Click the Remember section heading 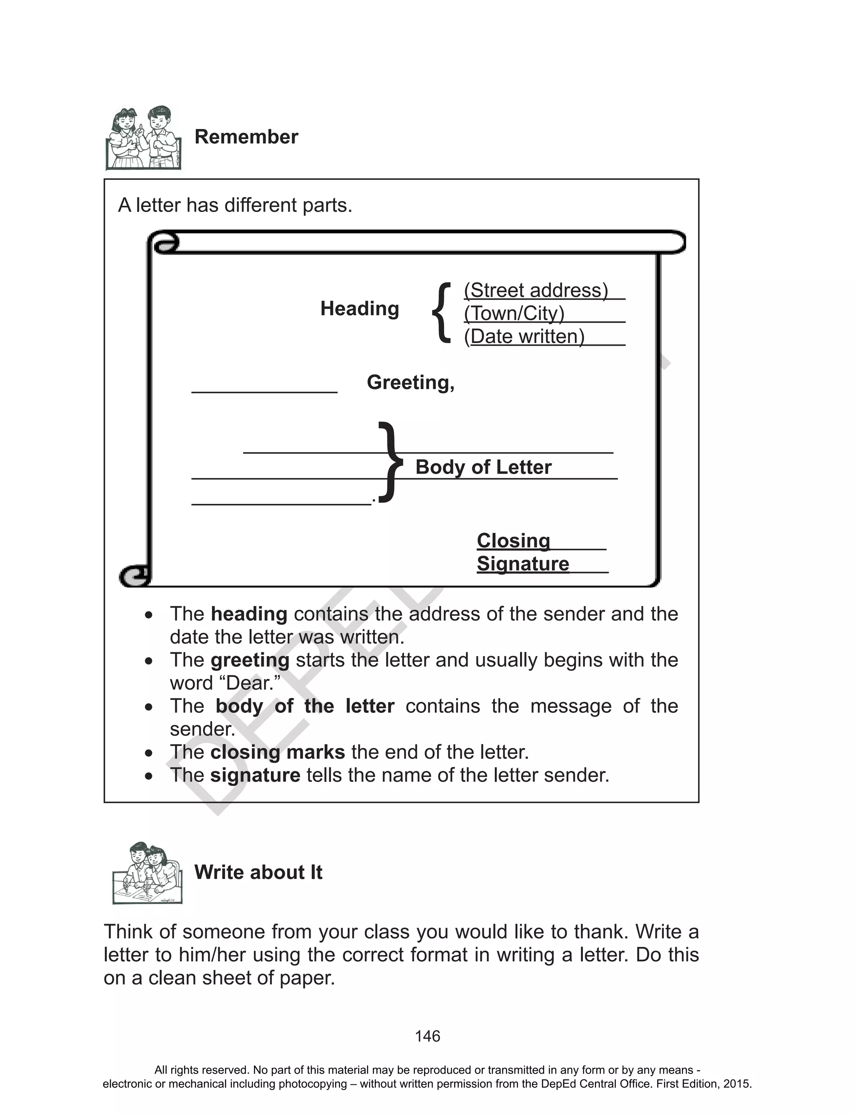246,137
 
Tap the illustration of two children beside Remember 144,138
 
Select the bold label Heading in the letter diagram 359,308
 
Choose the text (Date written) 524,336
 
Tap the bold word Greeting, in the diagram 410,382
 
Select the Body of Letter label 483,467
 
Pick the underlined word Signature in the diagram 523,563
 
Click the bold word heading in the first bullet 249,614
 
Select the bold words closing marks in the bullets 277,752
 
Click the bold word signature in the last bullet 255,775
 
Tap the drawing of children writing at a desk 147,873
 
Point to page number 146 427,1036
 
